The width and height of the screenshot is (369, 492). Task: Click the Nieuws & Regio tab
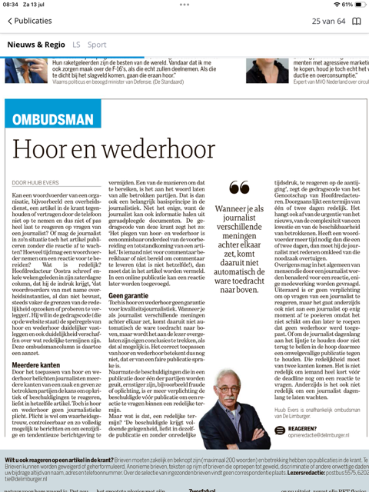click(36, 45)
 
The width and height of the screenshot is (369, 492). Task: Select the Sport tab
click(97, 45)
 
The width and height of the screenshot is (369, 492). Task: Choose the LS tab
click(76, 45)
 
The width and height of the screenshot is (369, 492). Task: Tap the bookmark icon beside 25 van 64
click(357, 21)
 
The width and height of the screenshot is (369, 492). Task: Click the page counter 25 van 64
click(328, 21)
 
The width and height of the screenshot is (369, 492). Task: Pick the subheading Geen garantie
click(130, 294)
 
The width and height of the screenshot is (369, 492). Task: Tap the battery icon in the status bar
click(358, 5)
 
